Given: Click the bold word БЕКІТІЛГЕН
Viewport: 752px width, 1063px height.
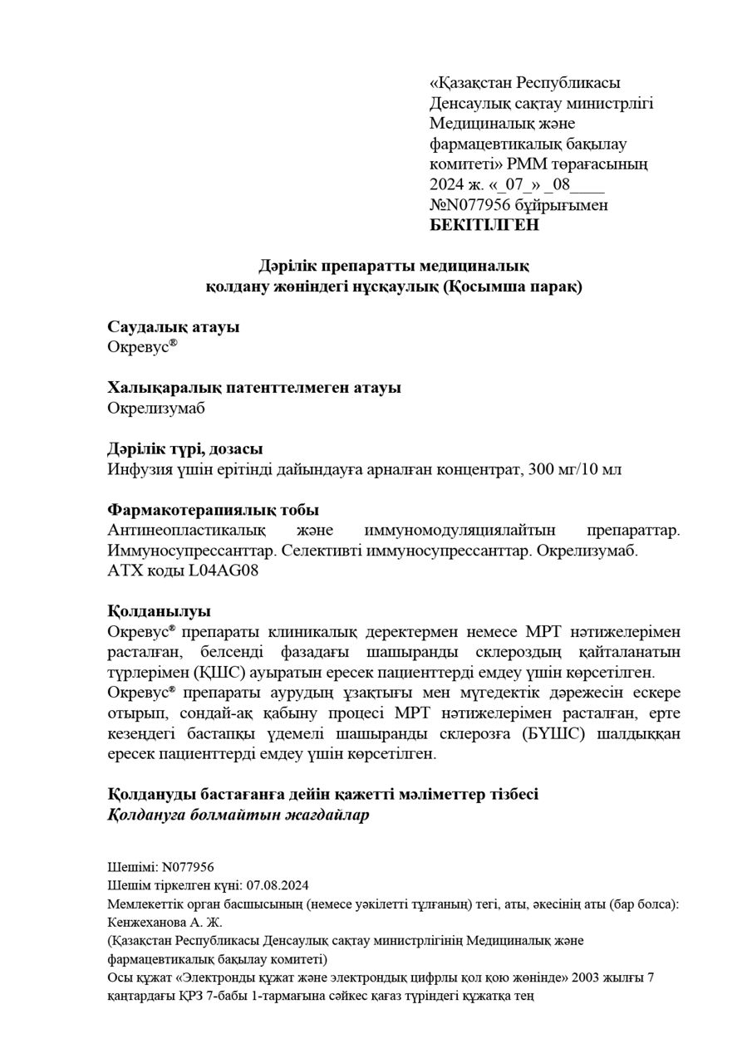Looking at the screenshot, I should point(484,225).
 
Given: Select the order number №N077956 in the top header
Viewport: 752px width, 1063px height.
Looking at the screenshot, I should point(467,205).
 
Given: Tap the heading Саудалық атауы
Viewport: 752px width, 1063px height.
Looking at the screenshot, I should point(174,327).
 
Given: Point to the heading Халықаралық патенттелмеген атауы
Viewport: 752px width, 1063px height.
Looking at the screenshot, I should point(254,388).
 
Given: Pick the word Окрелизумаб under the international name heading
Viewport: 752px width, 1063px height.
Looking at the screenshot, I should point(155,408).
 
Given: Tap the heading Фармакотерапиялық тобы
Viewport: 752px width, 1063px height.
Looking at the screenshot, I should point(214,510).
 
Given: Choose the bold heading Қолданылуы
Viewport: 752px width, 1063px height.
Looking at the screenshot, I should point(159,611).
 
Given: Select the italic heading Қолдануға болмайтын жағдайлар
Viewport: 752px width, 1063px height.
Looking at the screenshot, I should point(238,814).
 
